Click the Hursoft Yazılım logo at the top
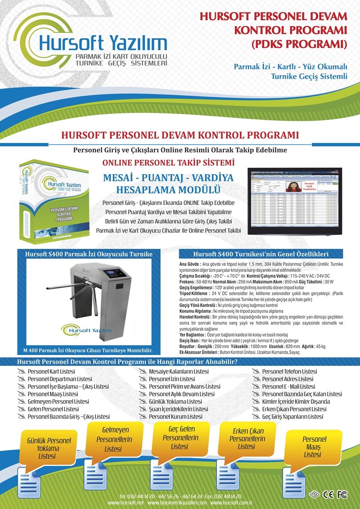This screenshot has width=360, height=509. (x=90, y=45)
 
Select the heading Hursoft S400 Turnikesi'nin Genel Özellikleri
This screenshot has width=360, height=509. (x=261, y=254)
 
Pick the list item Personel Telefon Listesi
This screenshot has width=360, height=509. (x=290, y=371)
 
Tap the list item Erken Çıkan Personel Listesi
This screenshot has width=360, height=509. (x=294, y=409)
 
